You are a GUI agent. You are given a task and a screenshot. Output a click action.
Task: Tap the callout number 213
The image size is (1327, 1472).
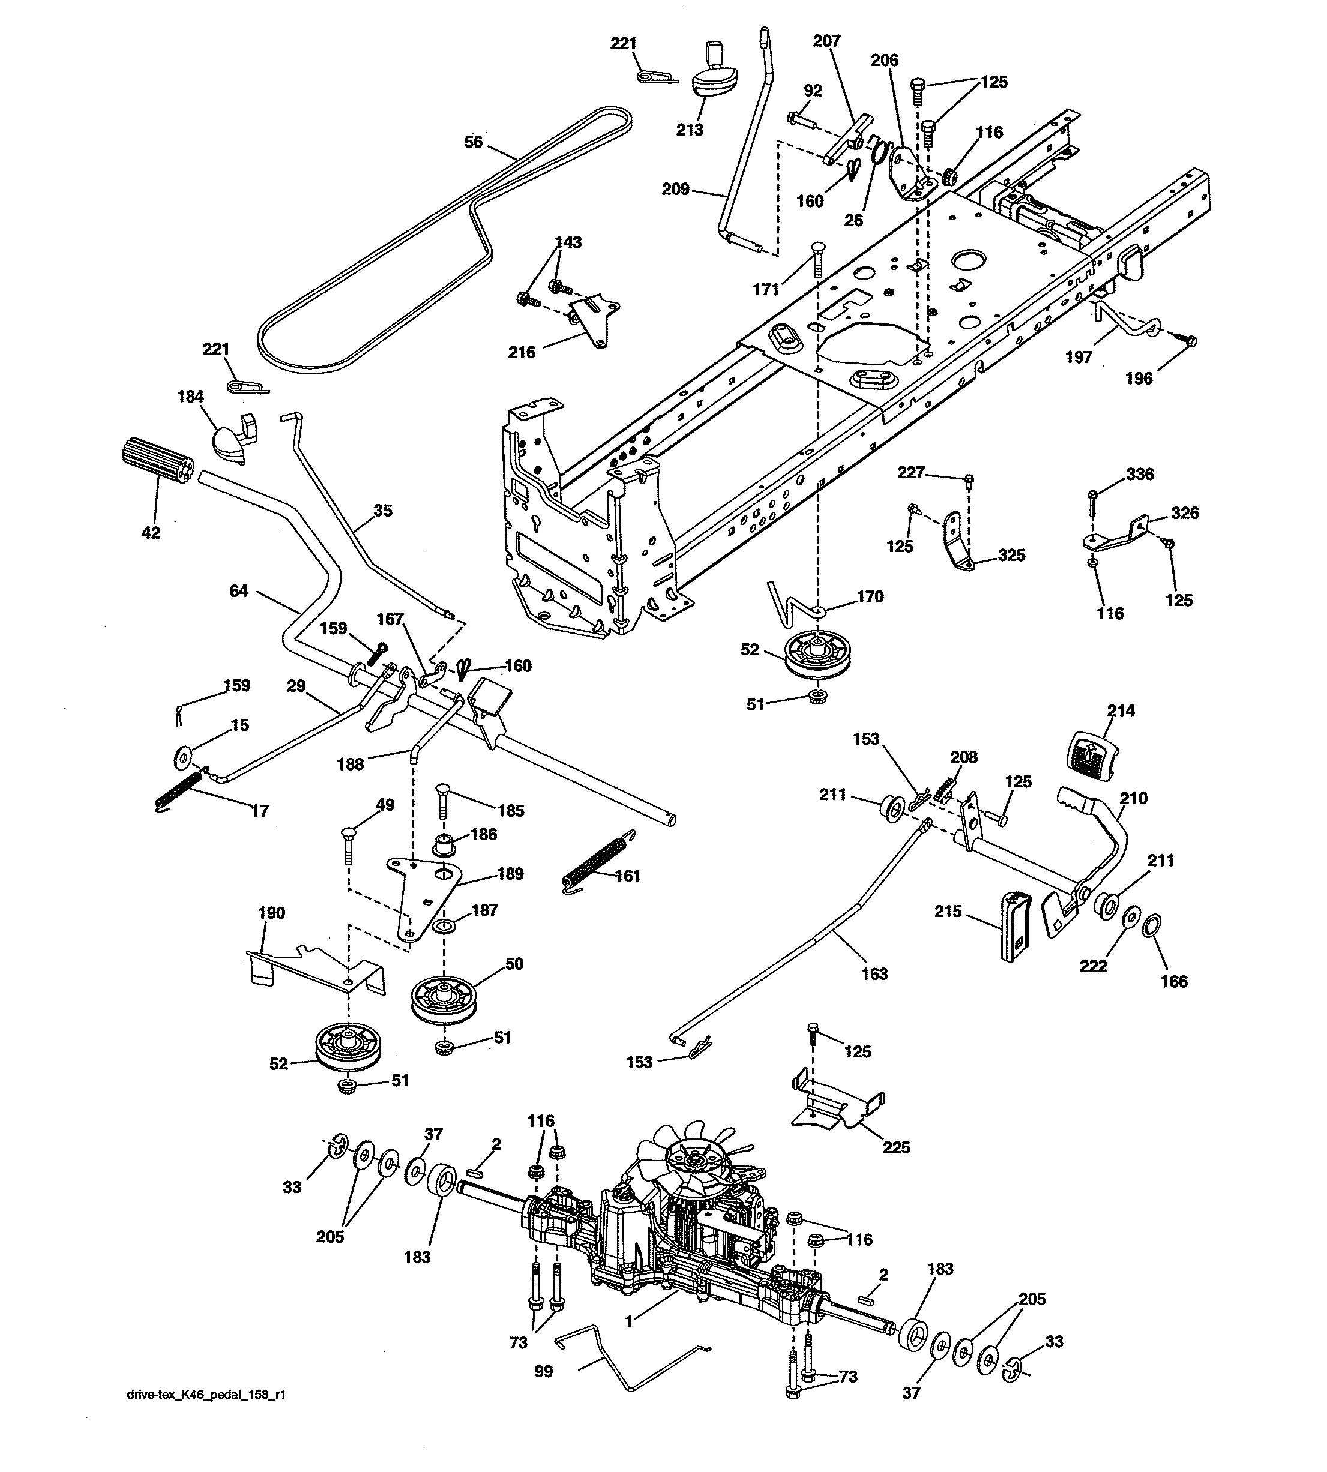689,130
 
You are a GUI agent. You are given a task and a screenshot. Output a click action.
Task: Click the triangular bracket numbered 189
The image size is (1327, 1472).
423,893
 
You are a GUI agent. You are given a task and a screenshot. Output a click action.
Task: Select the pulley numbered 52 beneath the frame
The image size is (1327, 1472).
814,654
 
